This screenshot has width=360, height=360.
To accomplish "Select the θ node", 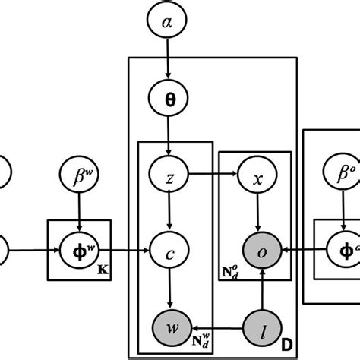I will pos(168,99).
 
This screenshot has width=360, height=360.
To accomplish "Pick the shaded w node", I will pos(174,329).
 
